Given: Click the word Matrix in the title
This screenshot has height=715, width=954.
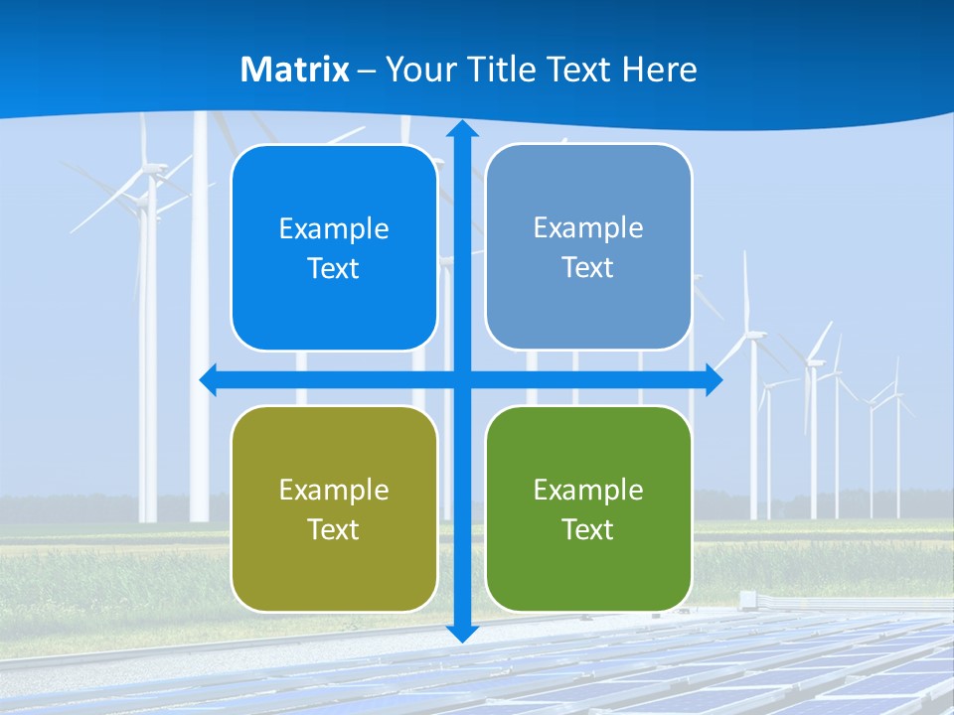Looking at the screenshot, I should point(295,70).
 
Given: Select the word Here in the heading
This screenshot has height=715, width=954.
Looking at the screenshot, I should point(659,70).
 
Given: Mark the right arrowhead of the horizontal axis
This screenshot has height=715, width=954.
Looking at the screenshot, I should point(713,379).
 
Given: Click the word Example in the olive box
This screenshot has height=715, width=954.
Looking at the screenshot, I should point(334,491).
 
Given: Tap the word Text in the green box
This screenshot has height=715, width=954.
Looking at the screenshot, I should point(588,529).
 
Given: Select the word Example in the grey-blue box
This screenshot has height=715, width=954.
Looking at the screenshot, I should point(588,228).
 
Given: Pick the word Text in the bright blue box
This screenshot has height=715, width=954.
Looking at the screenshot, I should point(334,269).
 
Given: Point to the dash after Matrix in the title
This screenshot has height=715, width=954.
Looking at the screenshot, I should point(367,71).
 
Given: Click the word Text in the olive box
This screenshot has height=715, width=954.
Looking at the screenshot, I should point(334,529).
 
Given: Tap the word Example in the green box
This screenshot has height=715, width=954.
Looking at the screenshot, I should point(588,491).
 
